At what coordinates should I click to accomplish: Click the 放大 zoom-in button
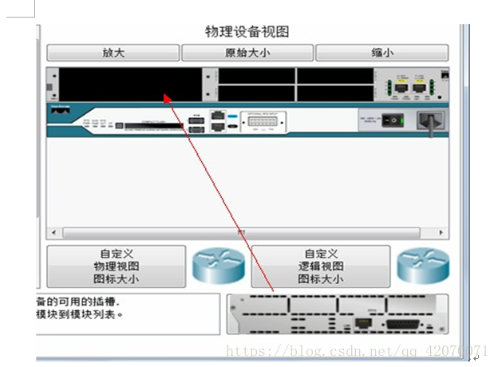point(113,53)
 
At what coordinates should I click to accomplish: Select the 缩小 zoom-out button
point(381,53)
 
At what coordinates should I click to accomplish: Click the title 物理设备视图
point(247,32)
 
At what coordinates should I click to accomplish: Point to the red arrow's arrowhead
point(166,97)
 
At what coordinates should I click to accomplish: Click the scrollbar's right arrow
point(443,232)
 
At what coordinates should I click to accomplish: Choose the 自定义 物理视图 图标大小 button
point(116,266)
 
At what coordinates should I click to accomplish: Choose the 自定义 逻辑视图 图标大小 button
point(321,266)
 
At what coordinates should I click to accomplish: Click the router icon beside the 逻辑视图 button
point(424,266)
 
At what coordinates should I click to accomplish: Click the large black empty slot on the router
point(131,85)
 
